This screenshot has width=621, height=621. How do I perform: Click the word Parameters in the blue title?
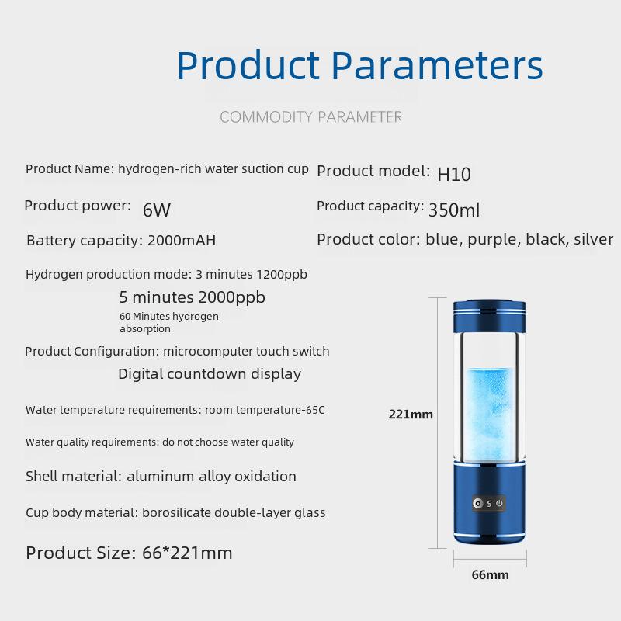tap(437, 65)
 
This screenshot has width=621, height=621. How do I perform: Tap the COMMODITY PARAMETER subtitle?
tap(311, 117)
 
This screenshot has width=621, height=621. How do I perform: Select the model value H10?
tap(454, 174)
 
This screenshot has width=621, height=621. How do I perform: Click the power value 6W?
tap(157, 210)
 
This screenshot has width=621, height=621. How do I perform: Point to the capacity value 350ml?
tap(454, 210)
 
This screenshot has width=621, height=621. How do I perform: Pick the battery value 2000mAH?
tap(182, 241)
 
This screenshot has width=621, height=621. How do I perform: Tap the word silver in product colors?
tap(593, 239)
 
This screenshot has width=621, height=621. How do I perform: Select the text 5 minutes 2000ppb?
tap(192, 297)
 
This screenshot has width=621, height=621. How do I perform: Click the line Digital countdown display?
tap(210, 374)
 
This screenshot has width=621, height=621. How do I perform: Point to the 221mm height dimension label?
tap(411, 415)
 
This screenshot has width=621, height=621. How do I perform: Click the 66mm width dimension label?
tap(490, 574)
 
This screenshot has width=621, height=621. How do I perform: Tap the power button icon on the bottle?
tap(499, 503)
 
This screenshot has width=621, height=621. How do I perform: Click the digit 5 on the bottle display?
tap(489, 504)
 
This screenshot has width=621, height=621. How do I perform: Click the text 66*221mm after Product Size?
tap(187, 553)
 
